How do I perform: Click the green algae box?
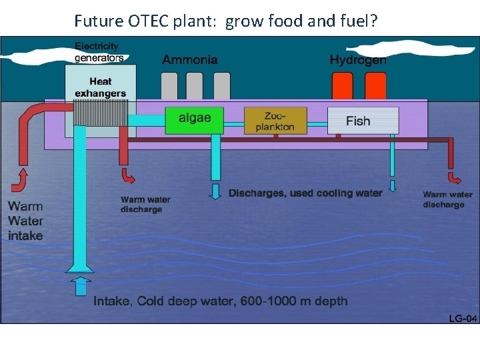(x=195, y=119)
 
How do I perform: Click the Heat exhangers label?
(x=101, y=87)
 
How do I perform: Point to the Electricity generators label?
(x=99, y=51)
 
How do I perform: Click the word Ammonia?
(x=190, y=60)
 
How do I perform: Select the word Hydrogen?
(x=358, y=60)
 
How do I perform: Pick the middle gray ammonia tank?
(x=195, y=86)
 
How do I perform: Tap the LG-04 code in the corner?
(x=463, y=319)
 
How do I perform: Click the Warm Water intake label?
(x=26, y=221)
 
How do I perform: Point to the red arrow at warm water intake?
(x=20, y=180)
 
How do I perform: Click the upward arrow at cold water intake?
(x=81, y=286)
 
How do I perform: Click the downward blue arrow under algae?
(x=215, y=191)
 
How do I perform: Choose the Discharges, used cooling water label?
(x=305, y=193)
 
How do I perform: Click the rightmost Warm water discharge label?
(x=448, y=200)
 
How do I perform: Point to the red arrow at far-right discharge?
(x=455, y=179)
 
